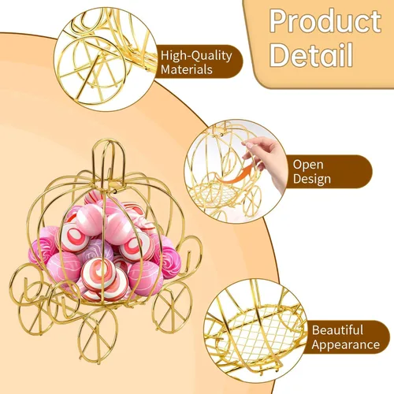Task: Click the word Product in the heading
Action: pyautogui.click(x=325, y=21)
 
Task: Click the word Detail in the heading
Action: pyautogui.click(x=310, y=55)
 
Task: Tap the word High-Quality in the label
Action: pyautogui.click(x=196, y=56)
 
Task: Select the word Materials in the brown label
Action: pyautogui.click(x=187, y=69)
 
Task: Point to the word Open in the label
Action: pyautogui.click(x=308, y=165)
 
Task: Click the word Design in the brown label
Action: pyautogui.click(x=312, y=180)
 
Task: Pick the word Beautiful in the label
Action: pyautogui.click(x=337, y=330)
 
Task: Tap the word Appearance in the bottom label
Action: pyautogui.click(x=346, y=344)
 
